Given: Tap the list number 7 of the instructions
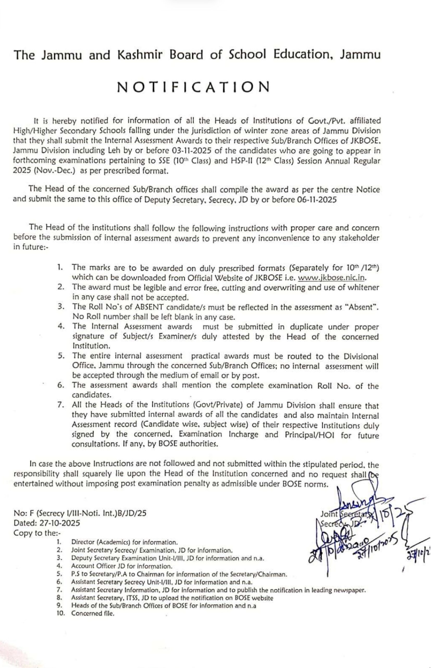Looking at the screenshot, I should click(x=60, y=405).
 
